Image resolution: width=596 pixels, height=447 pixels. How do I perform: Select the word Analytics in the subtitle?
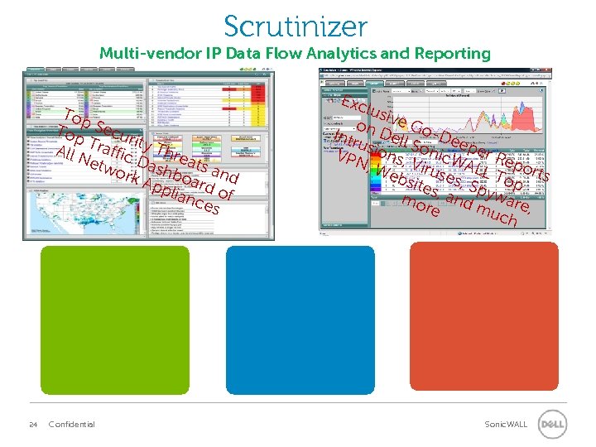point(339,54)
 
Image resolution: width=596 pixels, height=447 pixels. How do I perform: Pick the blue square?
point(295,320)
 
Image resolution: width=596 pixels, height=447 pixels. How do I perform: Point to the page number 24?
point(33,425)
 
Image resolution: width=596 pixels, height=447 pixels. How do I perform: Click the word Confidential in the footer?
point(72,425)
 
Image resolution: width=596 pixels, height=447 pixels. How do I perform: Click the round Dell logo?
point(552,425)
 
